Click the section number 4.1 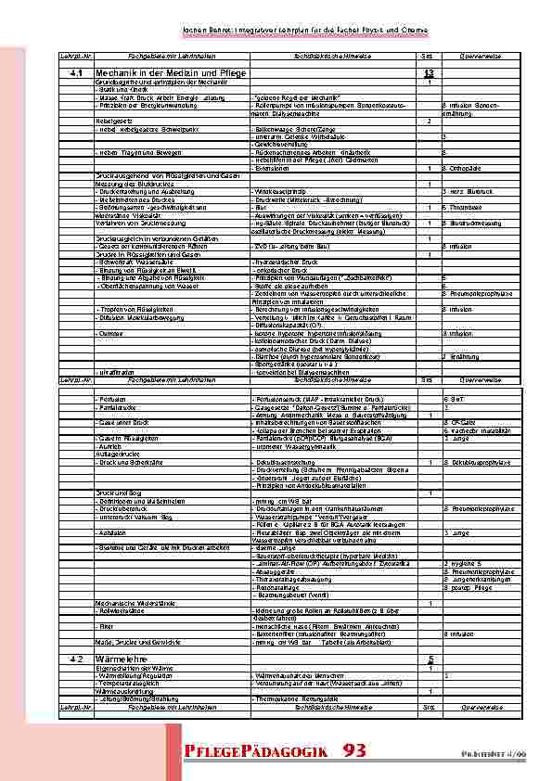coord(76,72)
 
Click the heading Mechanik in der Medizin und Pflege coord(157,72)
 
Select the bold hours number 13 coord(428,72)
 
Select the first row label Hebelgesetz coord(113,121)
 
